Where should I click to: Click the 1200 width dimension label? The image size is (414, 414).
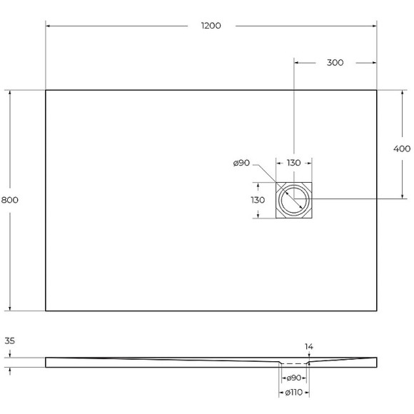211,26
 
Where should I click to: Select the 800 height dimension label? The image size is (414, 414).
9,200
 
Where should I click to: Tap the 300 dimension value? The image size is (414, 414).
335,63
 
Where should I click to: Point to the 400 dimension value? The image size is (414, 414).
401,148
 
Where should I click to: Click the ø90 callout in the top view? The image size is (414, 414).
241,163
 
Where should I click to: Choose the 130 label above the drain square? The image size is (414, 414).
293,163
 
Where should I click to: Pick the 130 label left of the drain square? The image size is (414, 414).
258,201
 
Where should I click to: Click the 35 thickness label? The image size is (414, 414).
9,341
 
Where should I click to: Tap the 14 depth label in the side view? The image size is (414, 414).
309,347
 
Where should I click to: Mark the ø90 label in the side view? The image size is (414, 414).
293,378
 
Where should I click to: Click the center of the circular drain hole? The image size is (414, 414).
293,201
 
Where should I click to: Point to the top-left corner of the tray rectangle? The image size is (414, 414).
46,90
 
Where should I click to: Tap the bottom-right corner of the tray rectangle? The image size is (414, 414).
377,311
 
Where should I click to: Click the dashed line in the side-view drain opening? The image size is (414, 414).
293,364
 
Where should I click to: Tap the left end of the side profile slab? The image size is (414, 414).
46,362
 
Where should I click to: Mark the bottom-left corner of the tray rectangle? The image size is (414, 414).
46,311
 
